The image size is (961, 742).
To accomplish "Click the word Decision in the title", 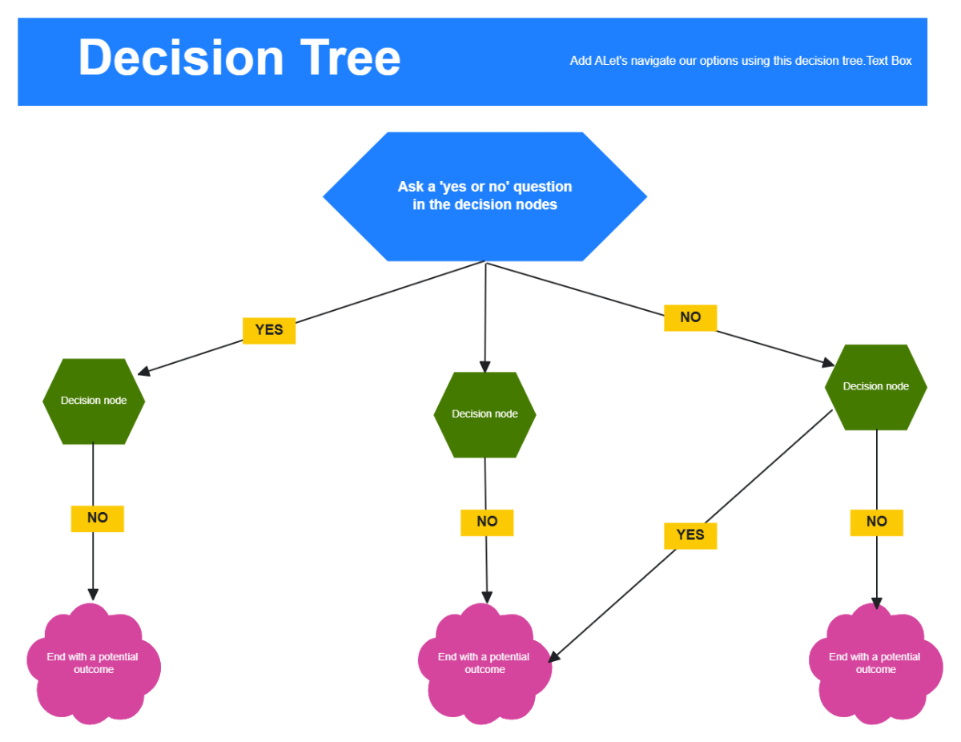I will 181,58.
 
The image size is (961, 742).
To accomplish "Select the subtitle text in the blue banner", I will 740,61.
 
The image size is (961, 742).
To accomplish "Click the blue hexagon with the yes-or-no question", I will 485,196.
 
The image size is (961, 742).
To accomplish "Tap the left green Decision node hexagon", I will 94,401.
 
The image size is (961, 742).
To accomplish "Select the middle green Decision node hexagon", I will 485,414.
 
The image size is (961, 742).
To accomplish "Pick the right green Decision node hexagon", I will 876,387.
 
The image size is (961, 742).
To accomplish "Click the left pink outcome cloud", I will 93,663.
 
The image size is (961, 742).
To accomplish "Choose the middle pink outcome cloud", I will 484,663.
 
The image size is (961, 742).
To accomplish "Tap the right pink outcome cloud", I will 875,663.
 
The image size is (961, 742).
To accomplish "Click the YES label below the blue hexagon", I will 269,330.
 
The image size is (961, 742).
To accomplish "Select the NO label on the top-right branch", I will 690,317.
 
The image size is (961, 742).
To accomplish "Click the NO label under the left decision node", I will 97,518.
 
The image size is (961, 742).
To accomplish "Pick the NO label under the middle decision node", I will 487,522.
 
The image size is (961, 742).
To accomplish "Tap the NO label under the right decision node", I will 876,522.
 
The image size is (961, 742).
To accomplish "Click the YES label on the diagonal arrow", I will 690,535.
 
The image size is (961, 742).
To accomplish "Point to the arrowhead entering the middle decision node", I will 485,367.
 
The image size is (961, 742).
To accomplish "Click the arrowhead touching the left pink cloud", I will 93,595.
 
